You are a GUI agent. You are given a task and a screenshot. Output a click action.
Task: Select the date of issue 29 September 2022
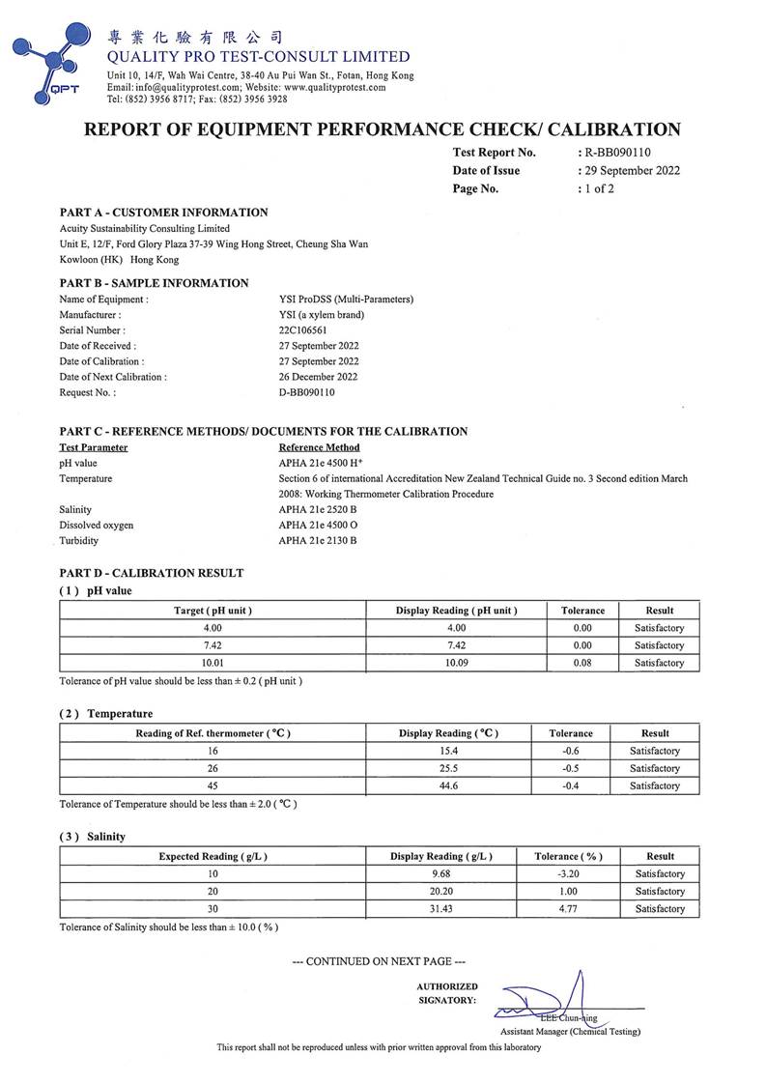tap(632, 171)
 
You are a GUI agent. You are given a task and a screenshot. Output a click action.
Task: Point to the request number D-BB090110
tap(306, 392)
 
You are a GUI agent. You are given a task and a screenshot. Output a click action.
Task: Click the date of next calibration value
tap(318, 377)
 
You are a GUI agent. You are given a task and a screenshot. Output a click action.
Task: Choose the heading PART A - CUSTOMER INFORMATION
tap(163, 213)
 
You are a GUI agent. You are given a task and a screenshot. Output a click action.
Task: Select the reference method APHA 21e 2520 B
tap(318, 509)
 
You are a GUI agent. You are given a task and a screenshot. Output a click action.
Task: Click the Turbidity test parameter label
tap(79, 541)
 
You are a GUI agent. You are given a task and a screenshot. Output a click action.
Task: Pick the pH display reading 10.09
tap(457, 663)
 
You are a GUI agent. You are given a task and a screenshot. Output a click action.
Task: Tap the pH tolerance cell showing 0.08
tap(582, 663)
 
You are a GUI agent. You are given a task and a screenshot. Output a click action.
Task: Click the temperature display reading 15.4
tap(449, 751)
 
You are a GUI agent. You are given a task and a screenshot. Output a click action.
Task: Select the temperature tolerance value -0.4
tap(571, 785)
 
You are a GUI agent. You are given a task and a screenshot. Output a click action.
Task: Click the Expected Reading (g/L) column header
tap(213, 856)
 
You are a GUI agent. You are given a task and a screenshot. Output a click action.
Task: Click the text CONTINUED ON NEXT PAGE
tap(379, 961)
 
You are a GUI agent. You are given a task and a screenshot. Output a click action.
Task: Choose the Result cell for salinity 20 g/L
tap(660, 892)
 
